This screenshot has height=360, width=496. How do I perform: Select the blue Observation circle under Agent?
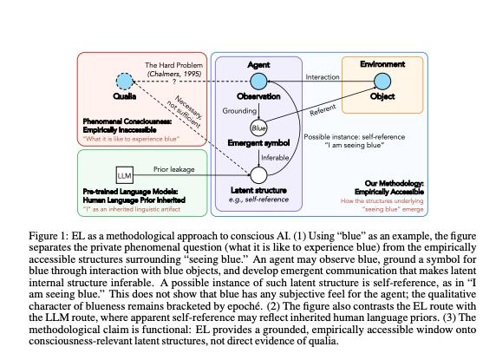(x=258, y=82)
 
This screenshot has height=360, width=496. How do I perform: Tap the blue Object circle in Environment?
(x=382, y=82)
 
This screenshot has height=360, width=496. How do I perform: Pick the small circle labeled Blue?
(x=258, y=128)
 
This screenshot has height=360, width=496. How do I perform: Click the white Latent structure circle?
(x=258, y=175)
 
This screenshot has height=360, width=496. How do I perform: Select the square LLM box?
(x=124, y=175)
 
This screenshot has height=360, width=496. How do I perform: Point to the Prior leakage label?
(x=174, y=169)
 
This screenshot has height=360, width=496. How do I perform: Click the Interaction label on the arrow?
(x=323, y=77)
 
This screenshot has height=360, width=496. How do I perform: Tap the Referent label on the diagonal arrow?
(x=323, y=110)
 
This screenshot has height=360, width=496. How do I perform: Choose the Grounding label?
(x=239, y=111)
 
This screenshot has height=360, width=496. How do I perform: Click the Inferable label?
(x=275, y=158)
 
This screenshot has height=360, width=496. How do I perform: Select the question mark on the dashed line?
(x=174, y=82)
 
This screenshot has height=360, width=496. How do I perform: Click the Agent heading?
(x=258, y=65)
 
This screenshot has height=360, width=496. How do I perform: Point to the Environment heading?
(x=382, y=64)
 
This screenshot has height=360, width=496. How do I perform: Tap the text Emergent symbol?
(x=258, y=143)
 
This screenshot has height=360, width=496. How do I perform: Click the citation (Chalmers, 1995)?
(x=174, y=74)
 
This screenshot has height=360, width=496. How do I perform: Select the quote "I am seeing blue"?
(x=355, y=145)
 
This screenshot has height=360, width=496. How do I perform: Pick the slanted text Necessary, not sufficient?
(x=185, y=111)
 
